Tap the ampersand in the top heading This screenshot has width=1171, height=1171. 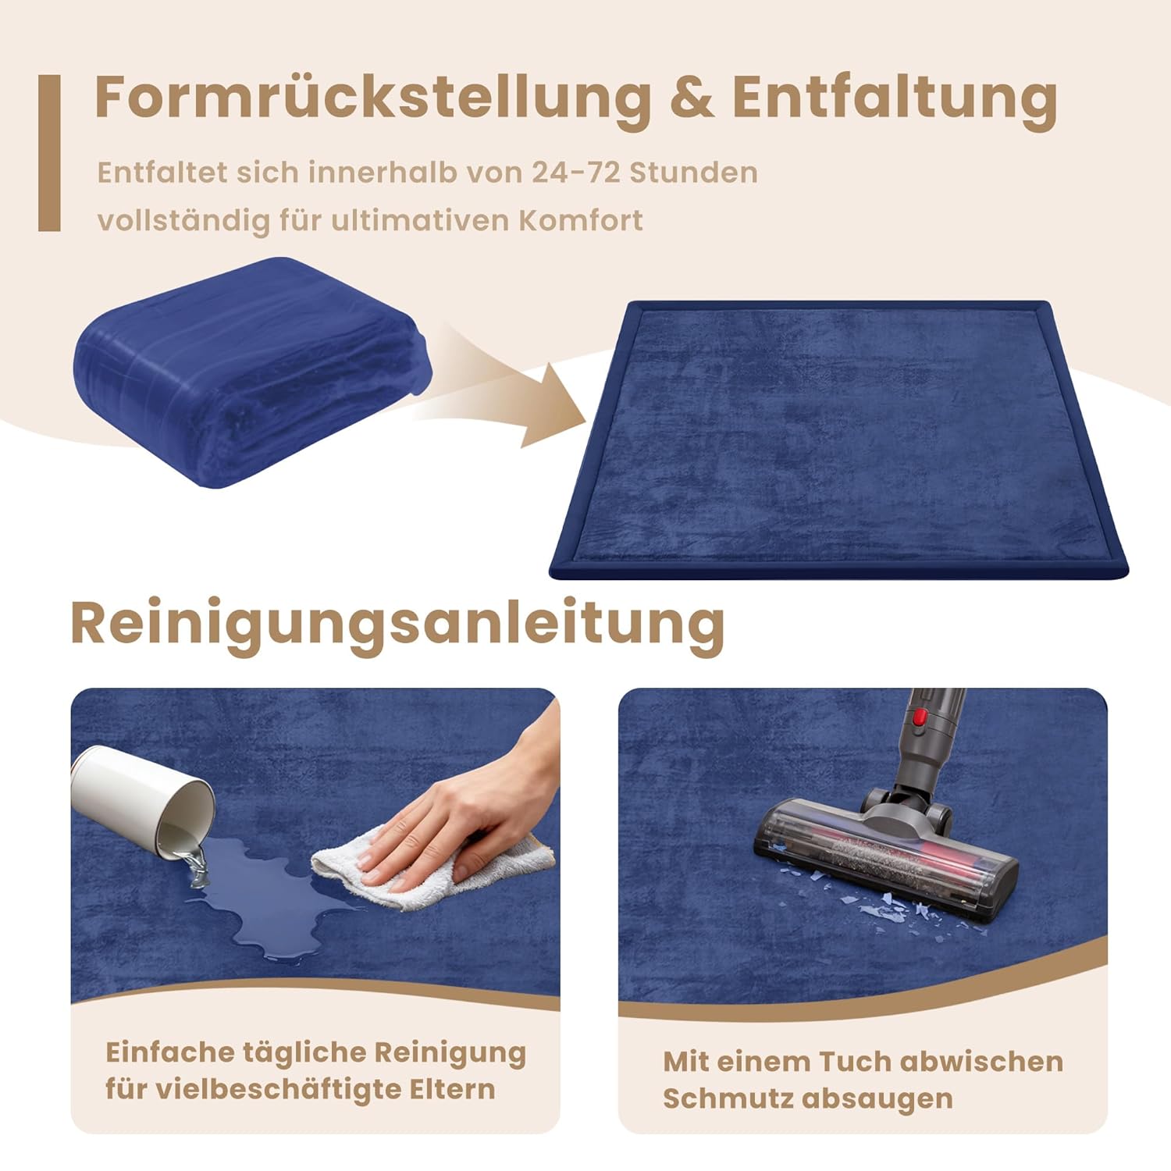691,97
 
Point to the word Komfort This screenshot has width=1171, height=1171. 581,220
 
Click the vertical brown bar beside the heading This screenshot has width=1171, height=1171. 49,153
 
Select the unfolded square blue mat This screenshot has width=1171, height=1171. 839,440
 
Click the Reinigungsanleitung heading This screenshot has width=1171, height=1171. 397,624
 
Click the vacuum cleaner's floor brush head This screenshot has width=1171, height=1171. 885,857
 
